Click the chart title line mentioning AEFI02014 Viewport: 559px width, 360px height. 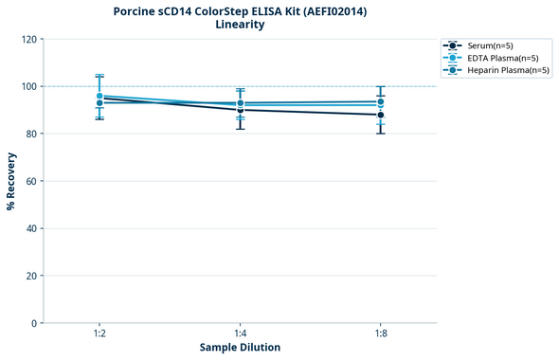(x=240, y=10)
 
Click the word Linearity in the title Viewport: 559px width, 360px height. (x=240, y=25)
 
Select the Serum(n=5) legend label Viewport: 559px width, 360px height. (x=490, y=45)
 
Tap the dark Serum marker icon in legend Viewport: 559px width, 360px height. (x=454, y=45)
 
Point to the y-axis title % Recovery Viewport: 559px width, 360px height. (x=11, y=181)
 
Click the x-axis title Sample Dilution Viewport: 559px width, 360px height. (x=240, y=348)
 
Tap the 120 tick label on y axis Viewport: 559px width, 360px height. (x=29, y=39)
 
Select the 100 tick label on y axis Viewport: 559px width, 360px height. (x=29, y=86)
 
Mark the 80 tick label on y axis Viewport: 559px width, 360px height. (x=32, y=134)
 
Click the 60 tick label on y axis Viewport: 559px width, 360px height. (x=32, y=181)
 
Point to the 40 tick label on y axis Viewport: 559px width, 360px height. (x=32, y=228)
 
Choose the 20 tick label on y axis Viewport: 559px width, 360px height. (x=32, y=276)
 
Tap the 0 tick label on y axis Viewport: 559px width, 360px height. (x=35, y=323)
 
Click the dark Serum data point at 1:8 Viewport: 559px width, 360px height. (x=381, y=115)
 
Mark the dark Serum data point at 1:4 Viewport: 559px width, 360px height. (x=241, y=110)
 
